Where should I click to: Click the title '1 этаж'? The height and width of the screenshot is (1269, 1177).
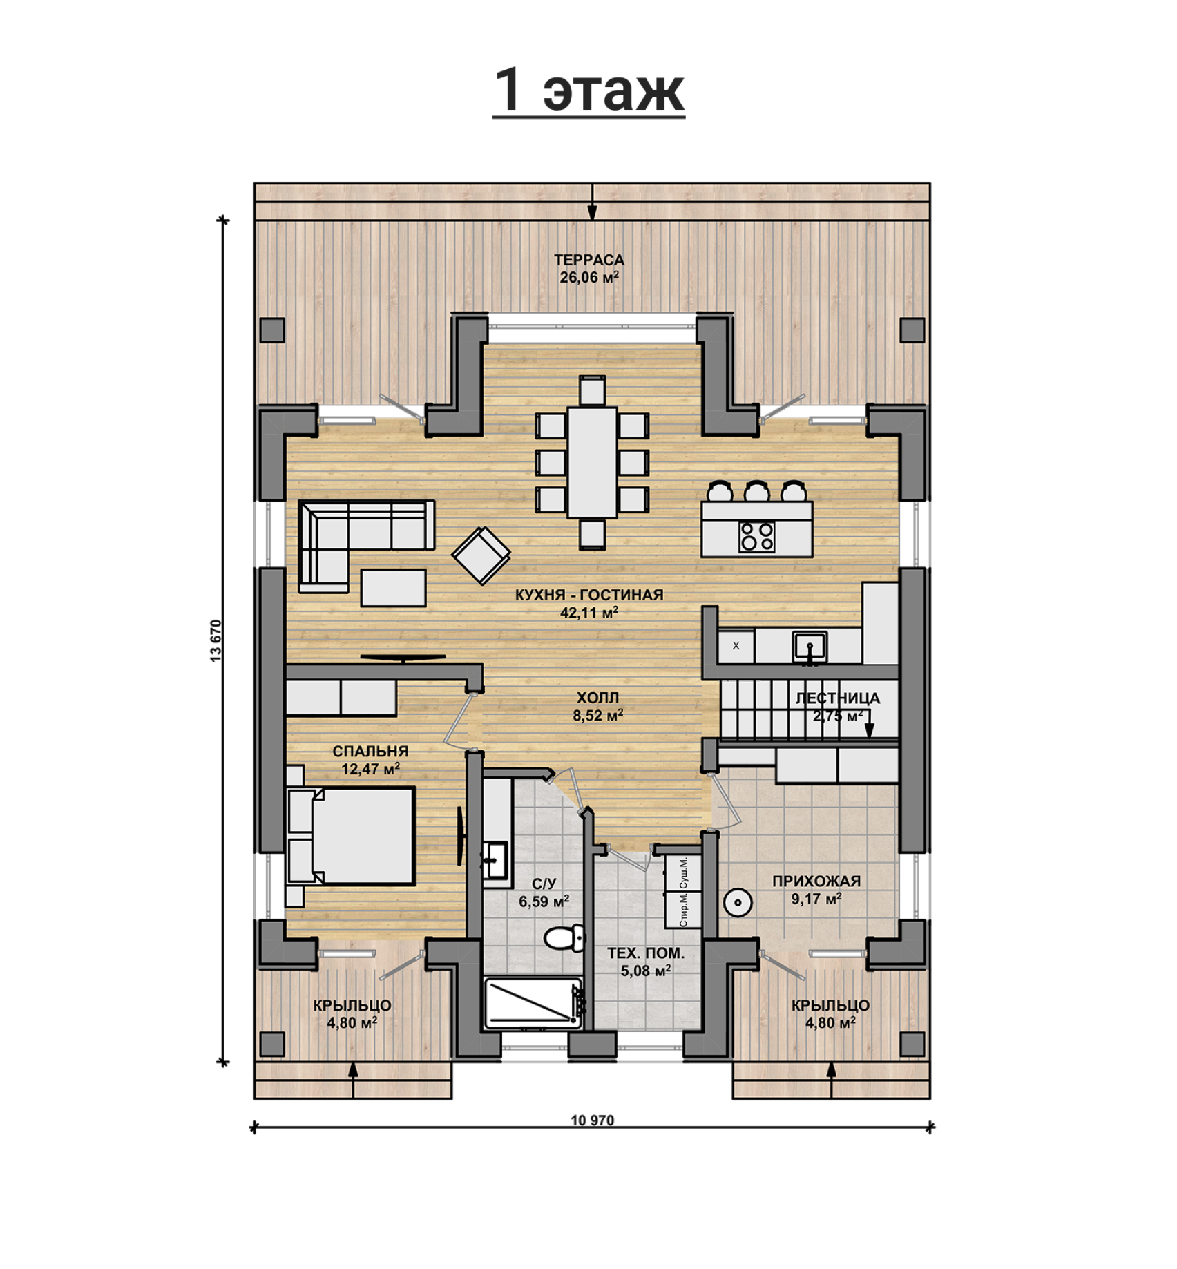coord(588,90)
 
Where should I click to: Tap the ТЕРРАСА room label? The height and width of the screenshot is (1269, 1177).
coord(588,260)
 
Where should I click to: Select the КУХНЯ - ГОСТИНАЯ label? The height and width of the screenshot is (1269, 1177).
coord(588,595)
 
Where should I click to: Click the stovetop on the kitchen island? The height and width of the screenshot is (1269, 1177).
coord(757,537)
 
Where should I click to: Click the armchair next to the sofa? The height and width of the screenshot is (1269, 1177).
coord(481,555)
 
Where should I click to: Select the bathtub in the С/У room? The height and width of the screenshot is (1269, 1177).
coord(534,1002)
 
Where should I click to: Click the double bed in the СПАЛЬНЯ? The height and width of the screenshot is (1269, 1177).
coord(350,836)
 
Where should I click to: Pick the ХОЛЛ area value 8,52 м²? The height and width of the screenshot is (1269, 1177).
coord(598,716)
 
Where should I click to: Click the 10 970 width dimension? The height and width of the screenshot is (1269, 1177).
coord(592,1120)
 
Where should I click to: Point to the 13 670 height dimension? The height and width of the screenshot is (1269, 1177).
coord(216,641)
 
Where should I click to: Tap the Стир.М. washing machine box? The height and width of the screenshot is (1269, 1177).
coord(683,910)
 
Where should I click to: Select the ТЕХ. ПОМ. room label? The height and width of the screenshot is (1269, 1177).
coord(646,953)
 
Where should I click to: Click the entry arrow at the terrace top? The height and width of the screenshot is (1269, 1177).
coord(592,202)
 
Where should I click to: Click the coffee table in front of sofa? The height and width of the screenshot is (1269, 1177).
coord(393,587)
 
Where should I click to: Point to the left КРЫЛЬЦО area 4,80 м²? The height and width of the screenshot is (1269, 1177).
coord(352,1022)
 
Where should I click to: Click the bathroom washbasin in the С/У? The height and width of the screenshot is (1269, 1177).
coord(495,860)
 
